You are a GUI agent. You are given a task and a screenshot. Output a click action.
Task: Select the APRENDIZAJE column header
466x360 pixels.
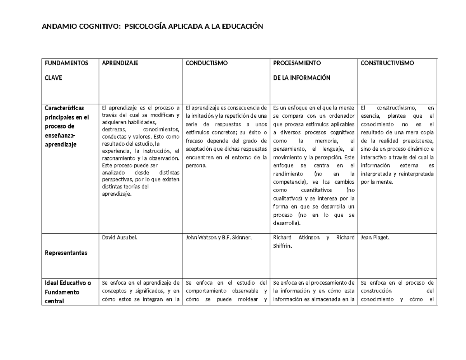(120, 63)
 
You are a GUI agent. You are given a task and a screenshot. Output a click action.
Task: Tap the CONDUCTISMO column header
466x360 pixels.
(207, 63)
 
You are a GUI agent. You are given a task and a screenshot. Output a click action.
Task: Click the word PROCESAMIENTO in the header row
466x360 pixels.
(297, 63)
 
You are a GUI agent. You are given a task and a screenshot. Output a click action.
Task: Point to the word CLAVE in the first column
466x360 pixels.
(53, 78)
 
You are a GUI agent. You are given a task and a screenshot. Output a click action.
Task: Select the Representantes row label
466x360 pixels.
(66, 253)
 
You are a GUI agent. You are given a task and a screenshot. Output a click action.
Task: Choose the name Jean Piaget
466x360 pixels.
(375, 238)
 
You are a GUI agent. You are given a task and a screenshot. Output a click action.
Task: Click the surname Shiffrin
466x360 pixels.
(283, 246)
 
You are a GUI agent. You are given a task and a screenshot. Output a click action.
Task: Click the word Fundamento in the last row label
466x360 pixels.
(62, 292)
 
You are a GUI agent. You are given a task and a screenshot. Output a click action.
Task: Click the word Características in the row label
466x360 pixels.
(64, 108)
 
